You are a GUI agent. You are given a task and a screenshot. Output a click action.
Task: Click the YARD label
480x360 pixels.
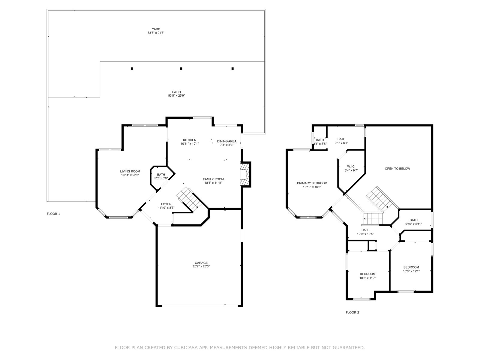pyautogui.click(x=156, y=29)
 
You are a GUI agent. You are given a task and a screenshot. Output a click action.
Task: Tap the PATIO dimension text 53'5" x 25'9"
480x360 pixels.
pyautogui.click(x=176, y=95)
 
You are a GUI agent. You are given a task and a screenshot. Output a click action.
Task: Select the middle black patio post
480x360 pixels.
pyautogui.click(x=181, y=68)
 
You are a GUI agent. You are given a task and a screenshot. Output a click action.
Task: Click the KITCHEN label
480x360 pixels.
pyautogui.click(x=190, y=140)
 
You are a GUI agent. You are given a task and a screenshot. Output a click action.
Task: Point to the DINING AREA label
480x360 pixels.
pyautogui.click(x=226, y=141)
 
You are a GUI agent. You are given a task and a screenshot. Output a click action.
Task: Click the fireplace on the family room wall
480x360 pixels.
pyautogui.click(x=245, y=174)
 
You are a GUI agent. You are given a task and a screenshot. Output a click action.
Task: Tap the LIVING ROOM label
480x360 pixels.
pyautogui.click(x=130, y=171)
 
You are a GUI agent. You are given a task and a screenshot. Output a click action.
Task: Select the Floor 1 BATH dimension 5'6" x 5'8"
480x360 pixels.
pyautogui.click(x=161, y=178)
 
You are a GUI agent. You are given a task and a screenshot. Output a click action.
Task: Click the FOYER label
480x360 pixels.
pyautogui.click(x=166, y=204)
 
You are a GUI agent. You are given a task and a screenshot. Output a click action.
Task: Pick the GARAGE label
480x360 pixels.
pyautogui.click(x=201, y=263)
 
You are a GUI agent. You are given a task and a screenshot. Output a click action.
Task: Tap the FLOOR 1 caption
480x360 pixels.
pyautogui.click(x=53, y=214)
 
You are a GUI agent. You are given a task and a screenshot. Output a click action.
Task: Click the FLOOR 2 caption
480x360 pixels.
pyautogui.click(x=352, y=312)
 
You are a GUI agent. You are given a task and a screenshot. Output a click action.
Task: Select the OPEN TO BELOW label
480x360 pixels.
pyautogui.click(x=397, y=169)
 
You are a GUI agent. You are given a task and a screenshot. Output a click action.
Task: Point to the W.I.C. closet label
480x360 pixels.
pyautogui.click(x=351, y=166)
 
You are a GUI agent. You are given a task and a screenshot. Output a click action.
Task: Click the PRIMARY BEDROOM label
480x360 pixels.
pyautogui.click(x=312, y=183)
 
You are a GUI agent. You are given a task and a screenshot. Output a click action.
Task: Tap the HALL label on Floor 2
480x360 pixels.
pyautogui.click(x=365, y=230)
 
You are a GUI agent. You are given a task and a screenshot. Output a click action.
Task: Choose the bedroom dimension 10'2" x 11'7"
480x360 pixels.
pyautogui.click(x=367, y=278)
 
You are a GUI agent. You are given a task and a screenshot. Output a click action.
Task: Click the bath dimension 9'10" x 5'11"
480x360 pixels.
pyautogui.click(x=413, y=224)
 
